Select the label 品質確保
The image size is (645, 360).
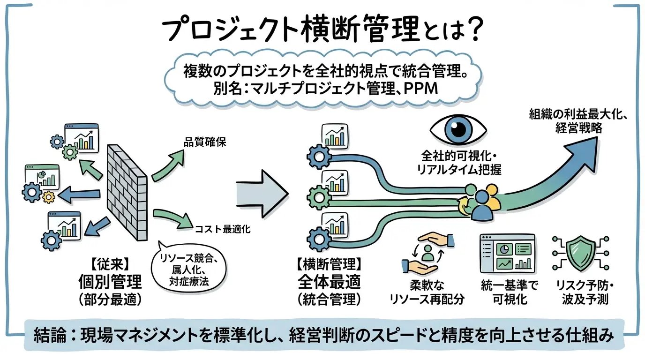tap(205, 142)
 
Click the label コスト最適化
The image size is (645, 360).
tap(223, 229)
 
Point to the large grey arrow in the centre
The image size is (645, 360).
tap(261, 191)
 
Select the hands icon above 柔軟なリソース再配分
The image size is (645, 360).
tap(427, 253)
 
